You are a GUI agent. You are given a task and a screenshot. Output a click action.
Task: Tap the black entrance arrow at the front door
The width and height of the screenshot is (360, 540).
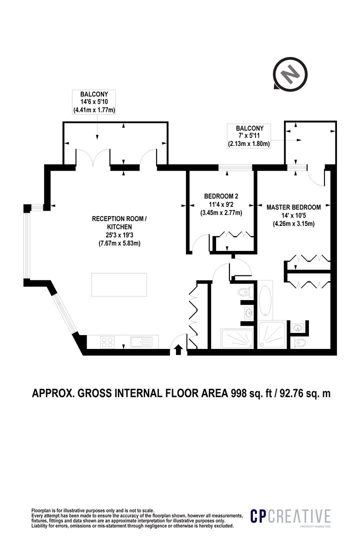[x=178, y=350]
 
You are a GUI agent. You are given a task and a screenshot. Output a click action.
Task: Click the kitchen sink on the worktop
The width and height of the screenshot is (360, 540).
[x=141, y=342]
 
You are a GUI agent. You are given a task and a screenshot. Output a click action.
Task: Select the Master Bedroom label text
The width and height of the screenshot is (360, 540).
[x=293, y=207]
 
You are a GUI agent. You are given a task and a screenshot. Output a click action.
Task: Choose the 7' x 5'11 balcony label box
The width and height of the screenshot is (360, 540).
[x=248, y=136]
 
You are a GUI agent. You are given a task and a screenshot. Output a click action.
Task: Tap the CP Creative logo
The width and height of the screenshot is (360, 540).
[x=290, y=517]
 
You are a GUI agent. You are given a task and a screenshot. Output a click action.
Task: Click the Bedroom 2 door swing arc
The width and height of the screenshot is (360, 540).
[x=198, y=242]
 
